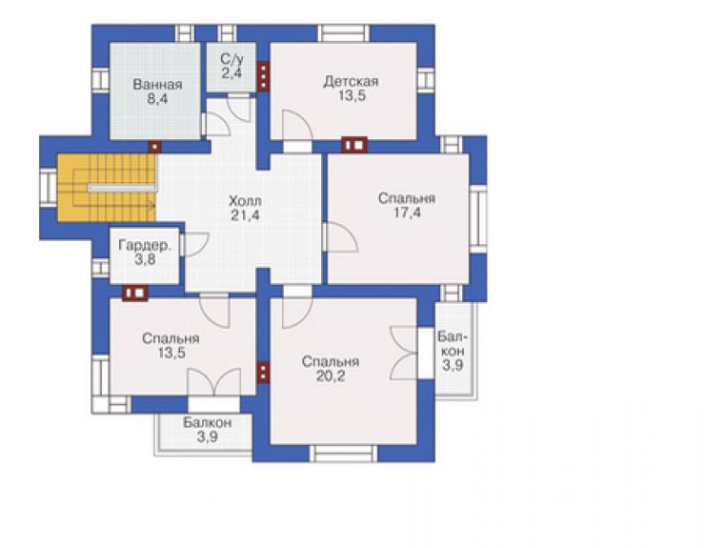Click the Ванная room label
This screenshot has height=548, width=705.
pyautogui.click(x=157, y=85)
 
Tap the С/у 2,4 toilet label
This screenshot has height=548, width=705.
pyautogui.click(x=232, y=66)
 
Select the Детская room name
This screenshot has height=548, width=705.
pyautogui.click(x=351, y=81)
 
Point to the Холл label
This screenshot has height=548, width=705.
pyautogui.click(x=245, y=200)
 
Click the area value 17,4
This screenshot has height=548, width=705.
pyautogui.click(x=408, y=213)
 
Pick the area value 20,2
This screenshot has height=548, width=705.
pyautogui.click(x=331, y=375)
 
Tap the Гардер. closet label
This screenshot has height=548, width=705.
pyautogui.click(x=145, y=245)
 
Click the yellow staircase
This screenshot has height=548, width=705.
pyautogui.click(x=106, y=188)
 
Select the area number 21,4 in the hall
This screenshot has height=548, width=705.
pyautogui.click(x=245, y=215)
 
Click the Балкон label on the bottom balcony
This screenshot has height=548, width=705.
pyautogui.click(x=208, y=422)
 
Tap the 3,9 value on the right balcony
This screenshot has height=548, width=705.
pyautogui.click(x=453, y=365)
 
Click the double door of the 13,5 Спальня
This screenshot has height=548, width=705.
pyautogui.click(x=214, y=382)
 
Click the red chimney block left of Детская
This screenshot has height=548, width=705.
pyautogui.click(x=264, y=76)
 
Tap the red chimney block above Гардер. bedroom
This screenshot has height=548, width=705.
pyautogui.click(x=135, y=293)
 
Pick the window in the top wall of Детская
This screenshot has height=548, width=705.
pyautogui.click(x=344, y=33)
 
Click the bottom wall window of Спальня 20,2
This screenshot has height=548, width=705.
pyautogui.click(x=344, y=454)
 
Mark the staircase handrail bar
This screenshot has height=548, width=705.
pyautogui.click(x=122, y=187)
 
